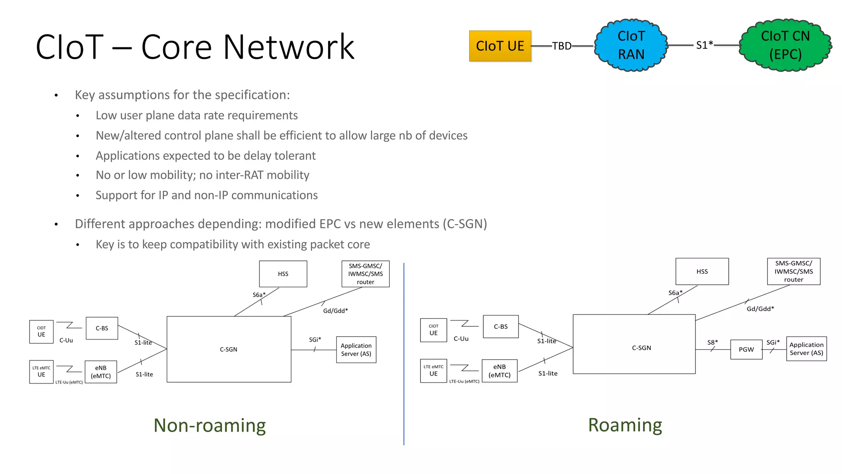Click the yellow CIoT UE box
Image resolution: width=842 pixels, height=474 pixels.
point(500,46)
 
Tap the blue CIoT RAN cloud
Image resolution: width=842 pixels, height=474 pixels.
point(631,45)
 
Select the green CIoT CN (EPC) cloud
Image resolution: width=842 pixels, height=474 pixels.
point(785,45)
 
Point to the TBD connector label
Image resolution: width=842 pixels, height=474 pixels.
point(562,46)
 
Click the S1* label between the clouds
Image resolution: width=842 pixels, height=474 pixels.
point(704,45)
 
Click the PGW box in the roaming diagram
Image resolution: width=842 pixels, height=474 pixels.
point(746,349)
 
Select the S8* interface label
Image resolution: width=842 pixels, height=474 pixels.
point(712,342)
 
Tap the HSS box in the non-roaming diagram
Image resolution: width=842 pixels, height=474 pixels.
point(283,274)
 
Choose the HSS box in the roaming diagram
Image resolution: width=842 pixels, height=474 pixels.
point(702,272)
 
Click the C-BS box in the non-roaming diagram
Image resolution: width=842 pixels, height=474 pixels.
point(102,328)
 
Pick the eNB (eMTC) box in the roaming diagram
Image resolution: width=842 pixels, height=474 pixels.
point(500,371)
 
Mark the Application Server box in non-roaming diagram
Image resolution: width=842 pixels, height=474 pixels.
point(356,350)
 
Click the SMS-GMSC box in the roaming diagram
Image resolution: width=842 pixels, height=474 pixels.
point(793,272)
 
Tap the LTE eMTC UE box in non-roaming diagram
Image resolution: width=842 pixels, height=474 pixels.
point(41,372)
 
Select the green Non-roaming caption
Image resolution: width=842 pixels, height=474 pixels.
point(210,425)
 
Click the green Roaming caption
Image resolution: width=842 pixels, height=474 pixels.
point(625,425)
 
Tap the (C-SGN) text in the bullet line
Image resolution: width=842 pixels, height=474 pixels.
point(465,224)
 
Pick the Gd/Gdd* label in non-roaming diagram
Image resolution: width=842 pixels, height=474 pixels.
point(335,311)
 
